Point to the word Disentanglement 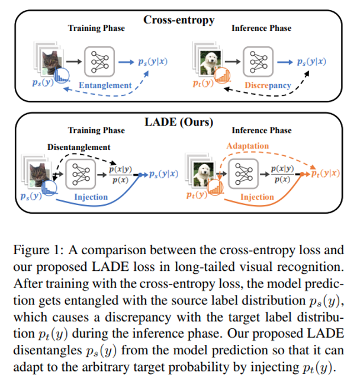click(79, 146)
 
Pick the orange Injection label click(257, 197)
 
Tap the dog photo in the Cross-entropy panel click(208, 61)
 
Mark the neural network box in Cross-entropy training click(97, 60)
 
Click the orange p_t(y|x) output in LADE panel click(325, 173)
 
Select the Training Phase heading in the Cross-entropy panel click(97, 28)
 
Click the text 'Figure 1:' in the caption click(38, 250)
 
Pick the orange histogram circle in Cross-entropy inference click(223, 76)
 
